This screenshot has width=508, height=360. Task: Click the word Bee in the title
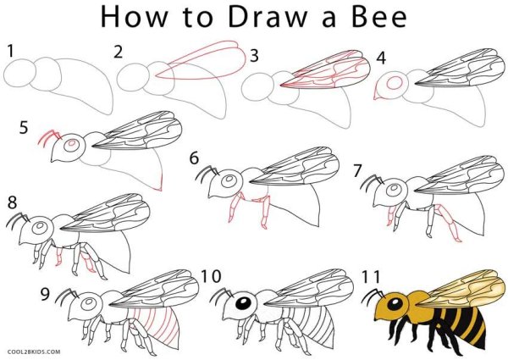coord(378,17)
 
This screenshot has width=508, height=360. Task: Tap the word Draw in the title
coord(268,17)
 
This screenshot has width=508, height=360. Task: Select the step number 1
coord(11,51)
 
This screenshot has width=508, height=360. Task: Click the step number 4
coord(381,58)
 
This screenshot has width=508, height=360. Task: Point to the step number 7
coord(357,171)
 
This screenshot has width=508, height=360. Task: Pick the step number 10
coord(211,276)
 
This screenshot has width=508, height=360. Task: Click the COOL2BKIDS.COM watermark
coord(34,352)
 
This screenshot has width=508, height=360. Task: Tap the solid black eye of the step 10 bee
coord(244,303)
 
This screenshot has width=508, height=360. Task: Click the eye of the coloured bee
coord(395,303)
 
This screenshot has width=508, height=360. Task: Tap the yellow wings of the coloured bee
coord(460,289)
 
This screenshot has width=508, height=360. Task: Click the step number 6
coord(194,158)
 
